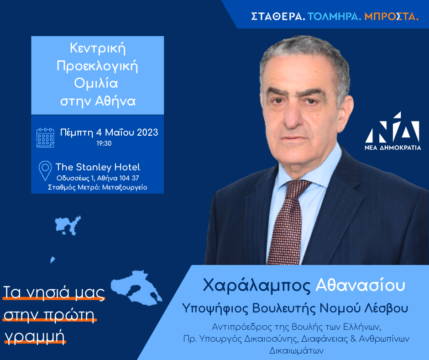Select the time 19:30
pos(104,143)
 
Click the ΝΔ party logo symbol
pos(393,127)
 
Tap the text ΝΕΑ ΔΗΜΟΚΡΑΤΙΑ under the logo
pos(393,148)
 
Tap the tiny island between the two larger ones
pos(52,259)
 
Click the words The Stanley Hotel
pos(98,167)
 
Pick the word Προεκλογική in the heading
pos(97,66)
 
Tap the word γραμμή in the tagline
pos(35,336)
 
